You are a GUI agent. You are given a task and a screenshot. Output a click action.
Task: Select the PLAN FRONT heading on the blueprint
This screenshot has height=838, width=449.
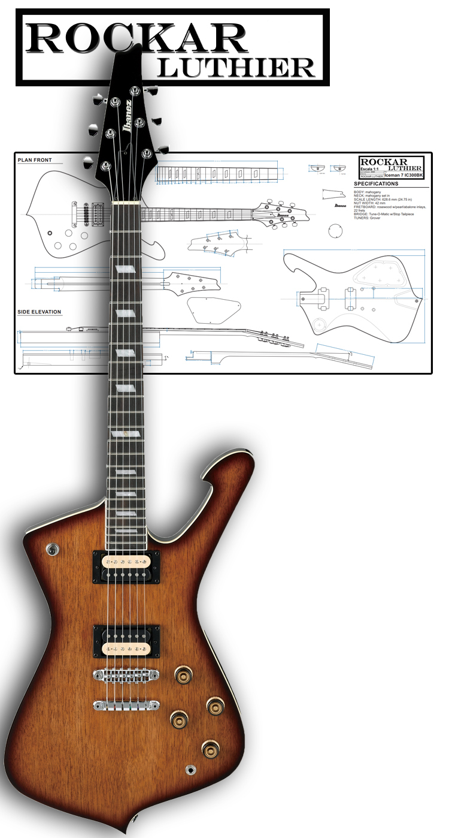point(35,160)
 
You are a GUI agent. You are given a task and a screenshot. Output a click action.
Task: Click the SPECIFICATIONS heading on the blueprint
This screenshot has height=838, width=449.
point(377,184)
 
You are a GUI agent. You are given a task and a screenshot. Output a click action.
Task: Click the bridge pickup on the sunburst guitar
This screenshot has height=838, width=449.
point(126,641)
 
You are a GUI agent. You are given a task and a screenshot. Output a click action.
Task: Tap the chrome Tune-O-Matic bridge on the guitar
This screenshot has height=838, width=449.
point(126,675)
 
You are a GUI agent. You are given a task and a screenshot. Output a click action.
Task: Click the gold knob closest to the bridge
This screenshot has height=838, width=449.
point(183,675)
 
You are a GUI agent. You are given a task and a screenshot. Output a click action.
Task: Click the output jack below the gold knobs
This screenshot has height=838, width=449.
point(191,769)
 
